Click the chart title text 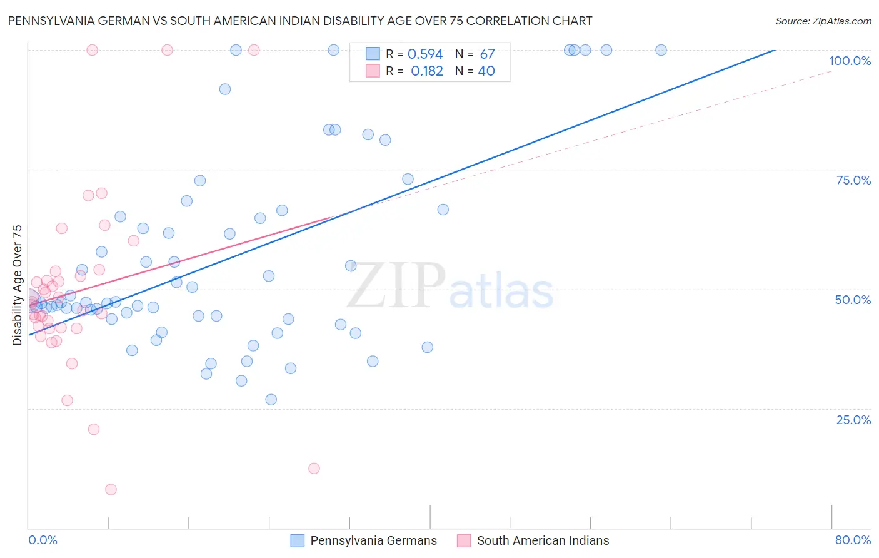(x=300, y=21)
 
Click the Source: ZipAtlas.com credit (x=823, y=21)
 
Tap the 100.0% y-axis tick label (x=850, y=61)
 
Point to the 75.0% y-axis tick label (x=853, y=180)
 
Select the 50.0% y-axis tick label (x=853, y=300)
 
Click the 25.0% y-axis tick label (x=853, y=419)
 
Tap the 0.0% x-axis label (x=43, y=540)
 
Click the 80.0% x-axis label (x=853, y=540)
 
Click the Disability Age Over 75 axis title (x=17, y=285)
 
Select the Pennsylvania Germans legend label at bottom (x=373, y=540)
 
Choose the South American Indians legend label (x=543, y=540)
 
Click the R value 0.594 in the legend (x=425, y=54)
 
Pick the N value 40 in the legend (x=486, y=71)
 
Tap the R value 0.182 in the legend (x=426, y=71)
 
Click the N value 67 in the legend (x=487, y=54)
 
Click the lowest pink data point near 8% (x=111, y=489)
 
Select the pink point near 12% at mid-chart (x=314, y=468)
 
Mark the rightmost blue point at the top (x=661, y=50)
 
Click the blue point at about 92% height (x=225, y=89)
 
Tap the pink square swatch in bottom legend (x=463, y=540)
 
